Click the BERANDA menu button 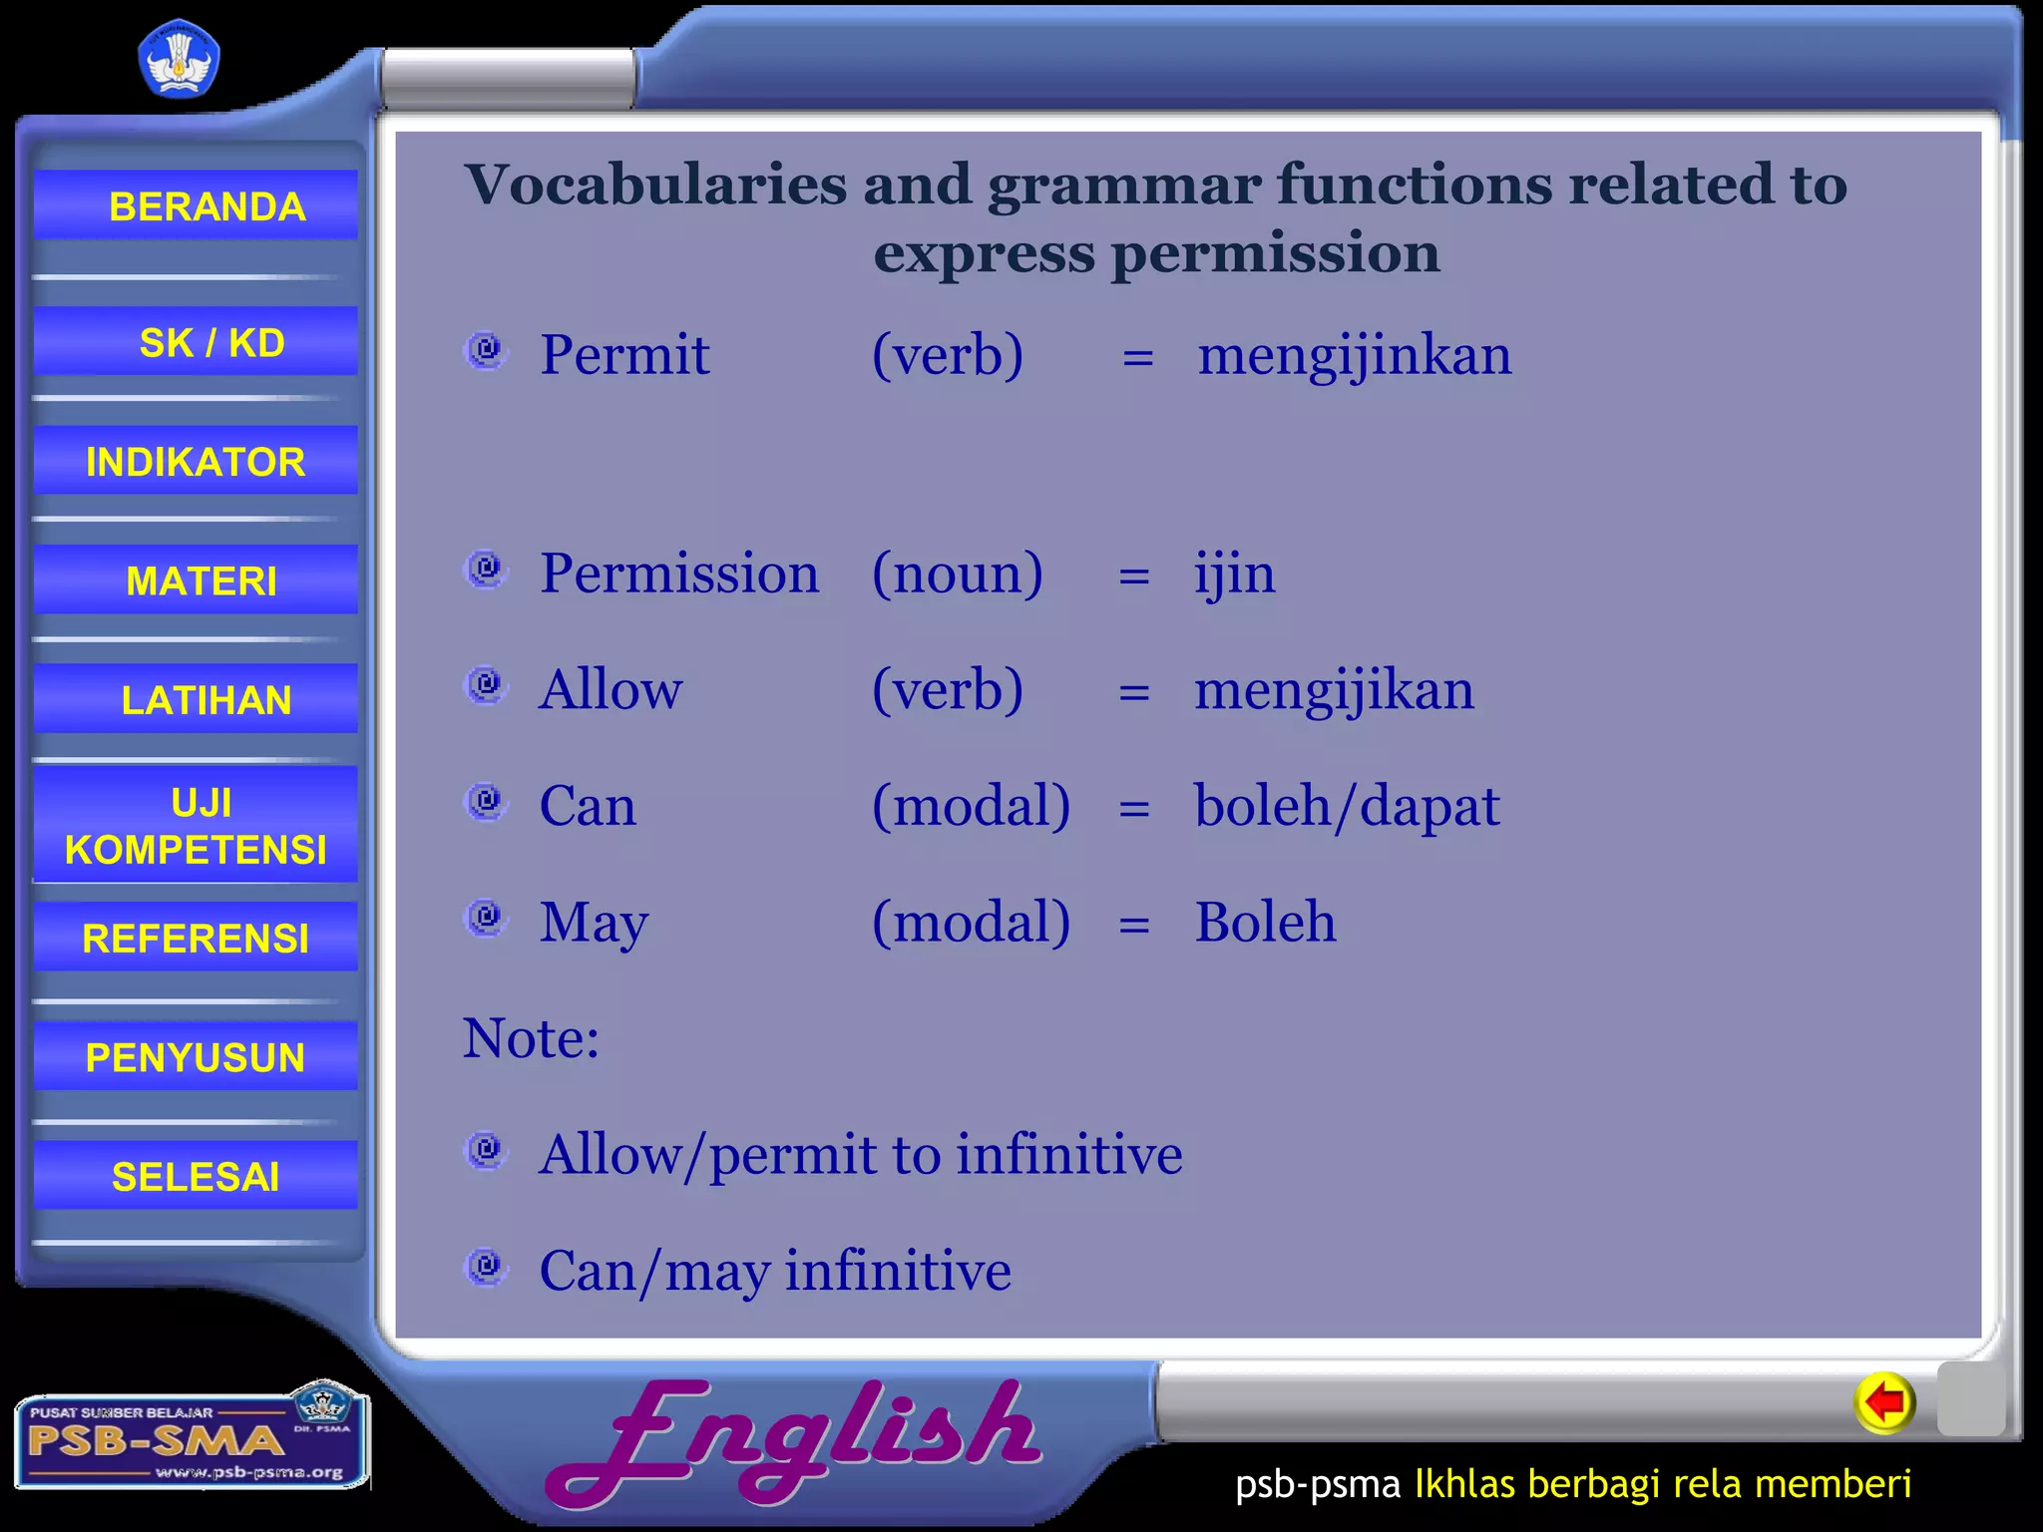pos(197,205)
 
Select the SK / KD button pos(197,342)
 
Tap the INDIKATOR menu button pos(197,461)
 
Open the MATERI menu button pos(197,579)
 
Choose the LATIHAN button pos(197,699)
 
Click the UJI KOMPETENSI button pos(197,826)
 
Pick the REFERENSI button pos(197,938)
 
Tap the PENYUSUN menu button pos(197,1056)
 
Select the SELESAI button pos(197,1176)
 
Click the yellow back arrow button pos(1884,1403)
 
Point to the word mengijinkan pos(1354,356)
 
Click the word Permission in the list pos(678,574)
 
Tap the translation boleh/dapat pos(1347,806)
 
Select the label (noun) pos(957,574)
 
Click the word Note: pos(531,1038)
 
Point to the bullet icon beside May pos(487,917)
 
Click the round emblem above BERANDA pos(179,60)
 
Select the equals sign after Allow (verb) pos(1134,691)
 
